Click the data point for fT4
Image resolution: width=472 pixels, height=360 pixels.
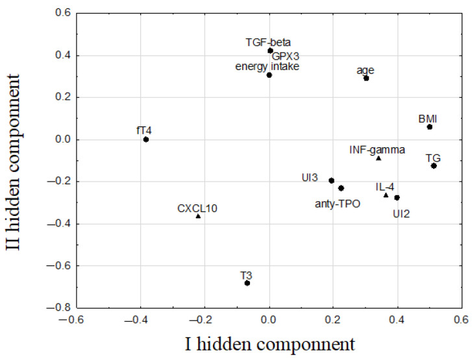click(146, 139)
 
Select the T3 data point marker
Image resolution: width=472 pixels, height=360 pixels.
click(247, 283)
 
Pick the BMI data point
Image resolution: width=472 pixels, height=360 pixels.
click(430, 127)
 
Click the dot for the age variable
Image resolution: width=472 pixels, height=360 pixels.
click(366, 78)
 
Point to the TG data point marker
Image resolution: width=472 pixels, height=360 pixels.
click(434, 166)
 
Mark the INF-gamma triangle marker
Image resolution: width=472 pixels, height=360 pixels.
click(379, 158)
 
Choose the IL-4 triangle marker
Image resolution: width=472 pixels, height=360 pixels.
click(386, 195)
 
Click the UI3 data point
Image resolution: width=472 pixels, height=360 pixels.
click(331, 181)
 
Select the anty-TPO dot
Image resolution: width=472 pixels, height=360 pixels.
click(341, 188)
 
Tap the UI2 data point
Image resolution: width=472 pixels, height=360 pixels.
click(397, 197)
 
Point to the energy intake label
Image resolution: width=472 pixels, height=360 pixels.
click(267, 66)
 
